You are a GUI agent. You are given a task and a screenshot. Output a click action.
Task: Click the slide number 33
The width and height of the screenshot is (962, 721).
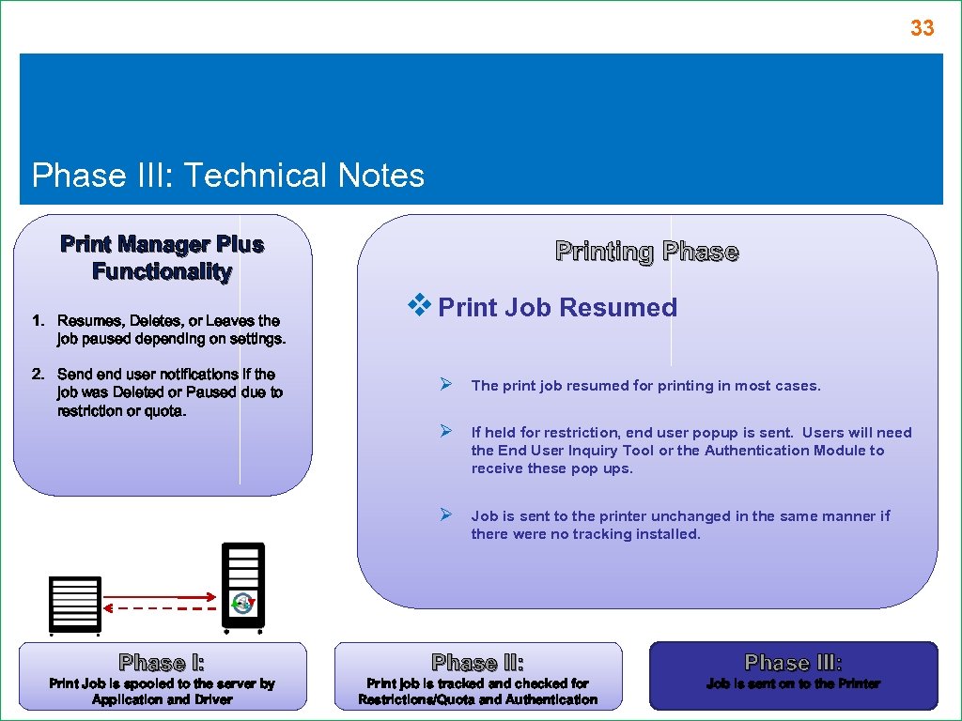coord(922,29)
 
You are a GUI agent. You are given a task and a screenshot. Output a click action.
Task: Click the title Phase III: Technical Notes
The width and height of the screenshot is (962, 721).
coord(228,176)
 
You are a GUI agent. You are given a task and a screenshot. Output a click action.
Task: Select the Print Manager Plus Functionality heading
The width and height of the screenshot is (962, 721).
coord(162,258)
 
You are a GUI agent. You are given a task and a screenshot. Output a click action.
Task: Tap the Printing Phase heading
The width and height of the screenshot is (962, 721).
coord(646,252)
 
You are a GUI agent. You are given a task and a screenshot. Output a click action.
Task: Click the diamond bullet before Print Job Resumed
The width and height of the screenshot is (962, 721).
coord(418,305)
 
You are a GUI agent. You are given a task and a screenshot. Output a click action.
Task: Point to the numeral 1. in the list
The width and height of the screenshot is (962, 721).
coord(39,321)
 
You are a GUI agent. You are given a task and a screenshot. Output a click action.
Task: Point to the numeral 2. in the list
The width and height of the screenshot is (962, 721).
coord(39,375)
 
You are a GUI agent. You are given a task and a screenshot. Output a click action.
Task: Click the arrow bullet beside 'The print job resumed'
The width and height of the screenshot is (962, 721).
coord(448,384)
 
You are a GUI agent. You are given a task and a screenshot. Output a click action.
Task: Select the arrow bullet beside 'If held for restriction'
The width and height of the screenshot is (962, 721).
coord(448,431)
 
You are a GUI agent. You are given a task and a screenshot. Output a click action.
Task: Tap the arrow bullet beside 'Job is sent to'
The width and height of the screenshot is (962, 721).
coord(448,514)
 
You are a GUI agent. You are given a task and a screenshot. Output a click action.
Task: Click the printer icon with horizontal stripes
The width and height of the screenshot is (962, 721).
coord(74,604)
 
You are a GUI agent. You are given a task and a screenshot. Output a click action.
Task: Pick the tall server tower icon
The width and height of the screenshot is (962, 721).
coord(243,585)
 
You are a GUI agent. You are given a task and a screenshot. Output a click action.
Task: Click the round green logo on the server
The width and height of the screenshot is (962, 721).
coord(243,604)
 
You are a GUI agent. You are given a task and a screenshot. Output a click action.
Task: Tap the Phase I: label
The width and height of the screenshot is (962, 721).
coord(162,663)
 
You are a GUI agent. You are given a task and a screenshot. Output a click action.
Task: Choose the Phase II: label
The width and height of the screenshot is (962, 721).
coord(477,663)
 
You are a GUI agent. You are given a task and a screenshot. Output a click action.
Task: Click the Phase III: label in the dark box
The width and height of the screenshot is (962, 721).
coord(793,663)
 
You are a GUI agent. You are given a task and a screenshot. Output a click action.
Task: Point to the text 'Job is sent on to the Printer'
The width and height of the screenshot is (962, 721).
coord(793,684)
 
